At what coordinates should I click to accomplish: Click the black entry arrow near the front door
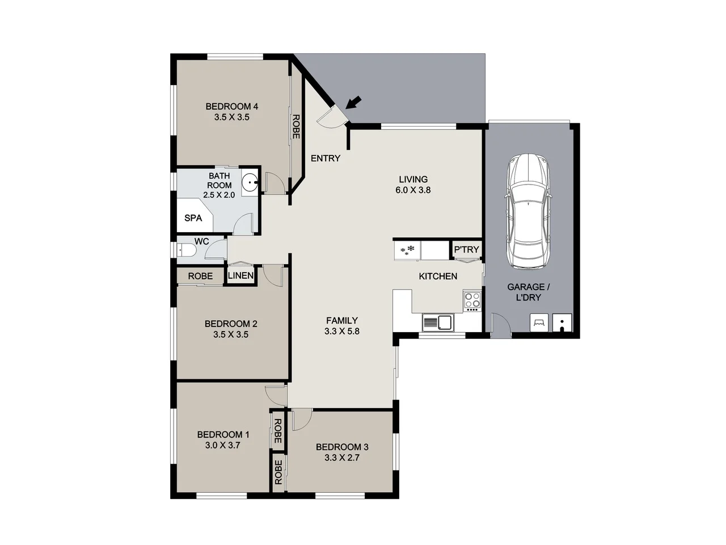(353, 103)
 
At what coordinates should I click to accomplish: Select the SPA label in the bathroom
(193, 218)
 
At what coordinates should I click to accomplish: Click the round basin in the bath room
(250, 183)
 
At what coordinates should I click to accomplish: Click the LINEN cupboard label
(240, 276)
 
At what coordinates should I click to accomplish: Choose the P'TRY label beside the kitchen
(466, 250)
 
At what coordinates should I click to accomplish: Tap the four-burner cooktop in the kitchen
(472, 301)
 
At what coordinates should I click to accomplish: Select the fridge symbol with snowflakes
(408, 250)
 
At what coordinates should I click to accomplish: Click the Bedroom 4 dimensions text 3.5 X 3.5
(232, 118)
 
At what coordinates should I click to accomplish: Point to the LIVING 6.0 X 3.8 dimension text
(413, 190)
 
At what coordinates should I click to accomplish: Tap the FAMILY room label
(341, 320)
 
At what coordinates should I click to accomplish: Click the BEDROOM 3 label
(342, 447)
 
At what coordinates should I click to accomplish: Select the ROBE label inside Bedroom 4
(296, 127)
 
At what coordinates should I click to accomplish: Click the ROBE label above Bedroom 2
(200, 276)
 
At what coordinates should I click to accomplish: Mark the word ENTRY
(326, 158)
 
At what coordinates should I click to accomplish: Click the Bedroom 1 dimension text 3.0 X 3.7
(223, 446)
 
